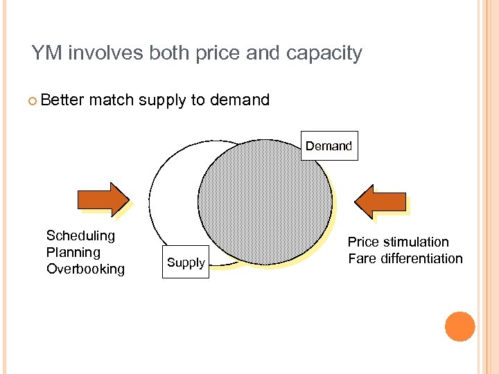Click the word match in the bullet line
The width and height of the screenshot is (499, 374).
coord(111,100)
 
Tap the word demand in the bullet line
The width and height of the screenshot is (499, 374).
coord(239,100)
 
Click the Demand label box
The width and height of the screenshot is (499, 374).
coord(329,146)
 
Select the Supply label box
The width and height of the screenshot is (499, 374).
coord(186,262)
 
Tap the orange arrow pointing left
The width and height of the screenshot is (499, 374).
coord(380,202)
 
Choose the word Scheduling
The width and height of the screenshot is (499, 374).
coord(80,235)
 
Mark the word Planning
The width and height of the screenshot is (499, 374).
coord(73,252)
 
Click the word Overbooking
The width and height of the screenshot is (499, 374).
coord(85,269)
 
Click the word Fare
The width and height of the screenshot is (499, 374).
coord(360,258)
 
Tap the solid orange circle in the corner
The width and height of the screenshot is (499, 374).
coord(459,326)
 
